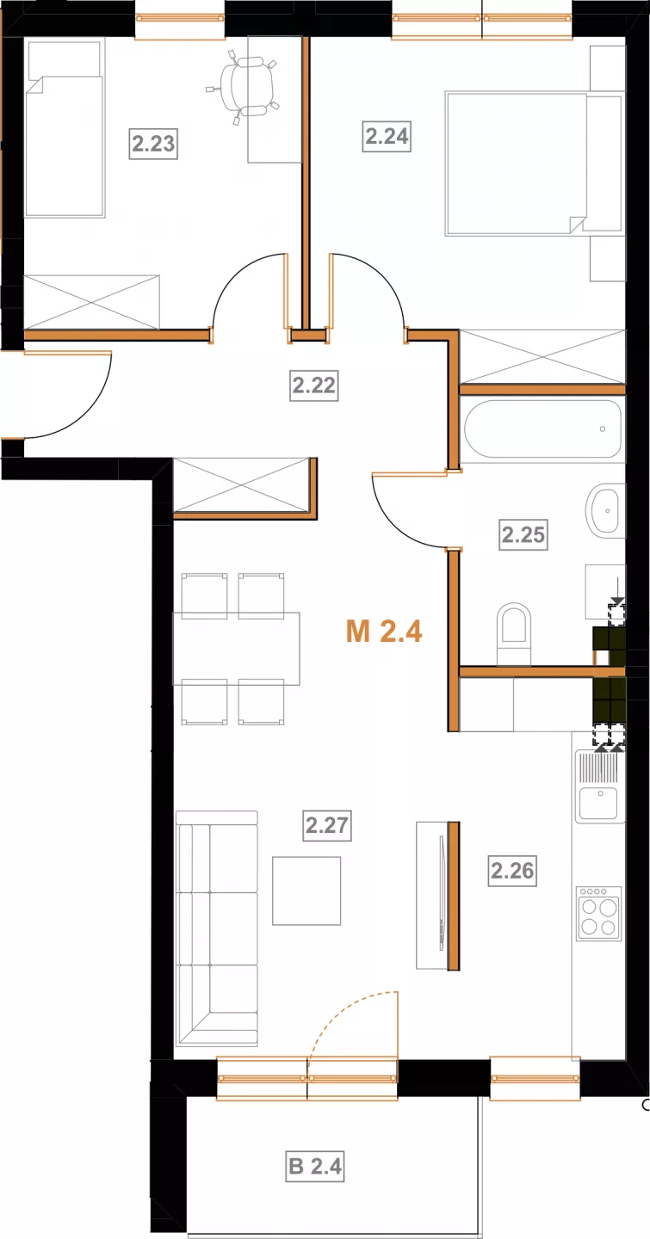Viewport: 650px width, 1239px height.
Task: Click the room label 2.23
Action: click(153, 144)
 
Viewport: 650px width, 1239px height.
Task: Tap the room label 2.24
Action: click(387, 136)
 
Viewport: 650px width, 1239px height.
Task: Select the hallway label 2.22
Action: click(314, 385)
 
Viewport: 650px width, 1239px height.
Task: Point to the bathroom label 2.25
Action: click(523, 535)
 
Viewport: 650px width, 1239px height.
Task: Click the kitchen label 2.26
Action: click(512, 871)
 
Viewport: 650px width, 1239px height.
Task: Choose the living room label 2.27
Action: click(326, 825)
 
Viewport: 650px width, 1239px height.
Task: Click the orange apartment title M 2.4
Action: click(384, 632)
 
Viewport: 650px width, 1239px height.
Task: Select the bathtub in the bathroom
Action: click(542, 428)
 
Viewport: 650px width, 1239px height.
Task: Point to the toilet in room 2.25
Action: click(514, 633)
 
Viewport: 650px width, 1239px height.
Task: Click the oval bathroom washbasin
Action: click(603, 510)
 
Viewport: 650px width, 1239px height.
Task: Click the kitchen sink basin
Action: click(598, 803)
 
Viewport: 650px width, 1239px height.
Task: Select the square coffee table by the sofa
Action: click(306, 891)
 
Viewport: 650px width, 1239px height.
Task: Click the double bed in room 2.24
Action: click(535, 163)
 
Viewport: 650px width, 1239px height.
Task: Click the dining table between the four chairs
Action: click(237, 648)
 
